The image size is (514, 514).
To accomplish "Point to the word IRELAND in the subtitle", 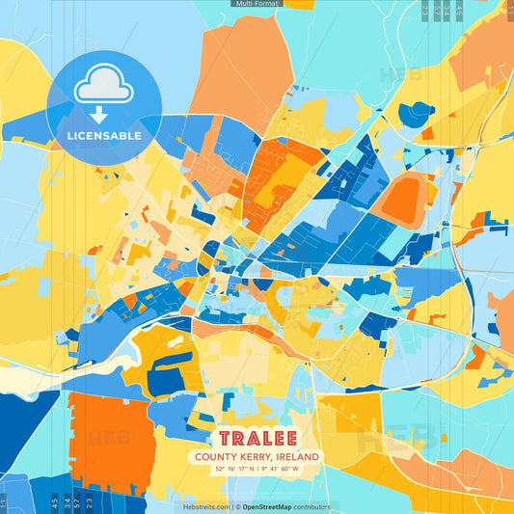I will [x=298, y=457].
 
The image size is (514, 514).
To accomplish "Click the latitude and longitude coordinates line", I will [x=257, y=471].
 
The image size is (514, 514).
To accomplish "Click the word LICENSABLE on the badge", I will [x=104, y=136].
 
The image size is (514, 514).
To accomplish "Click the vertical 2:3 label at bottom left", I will [x=88, y=501].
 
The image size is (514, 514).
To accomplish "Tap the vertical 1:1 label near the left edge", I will [x=4, y=502].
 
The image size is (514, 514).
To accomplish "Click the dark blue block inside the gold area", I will [x=166, y=371].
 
